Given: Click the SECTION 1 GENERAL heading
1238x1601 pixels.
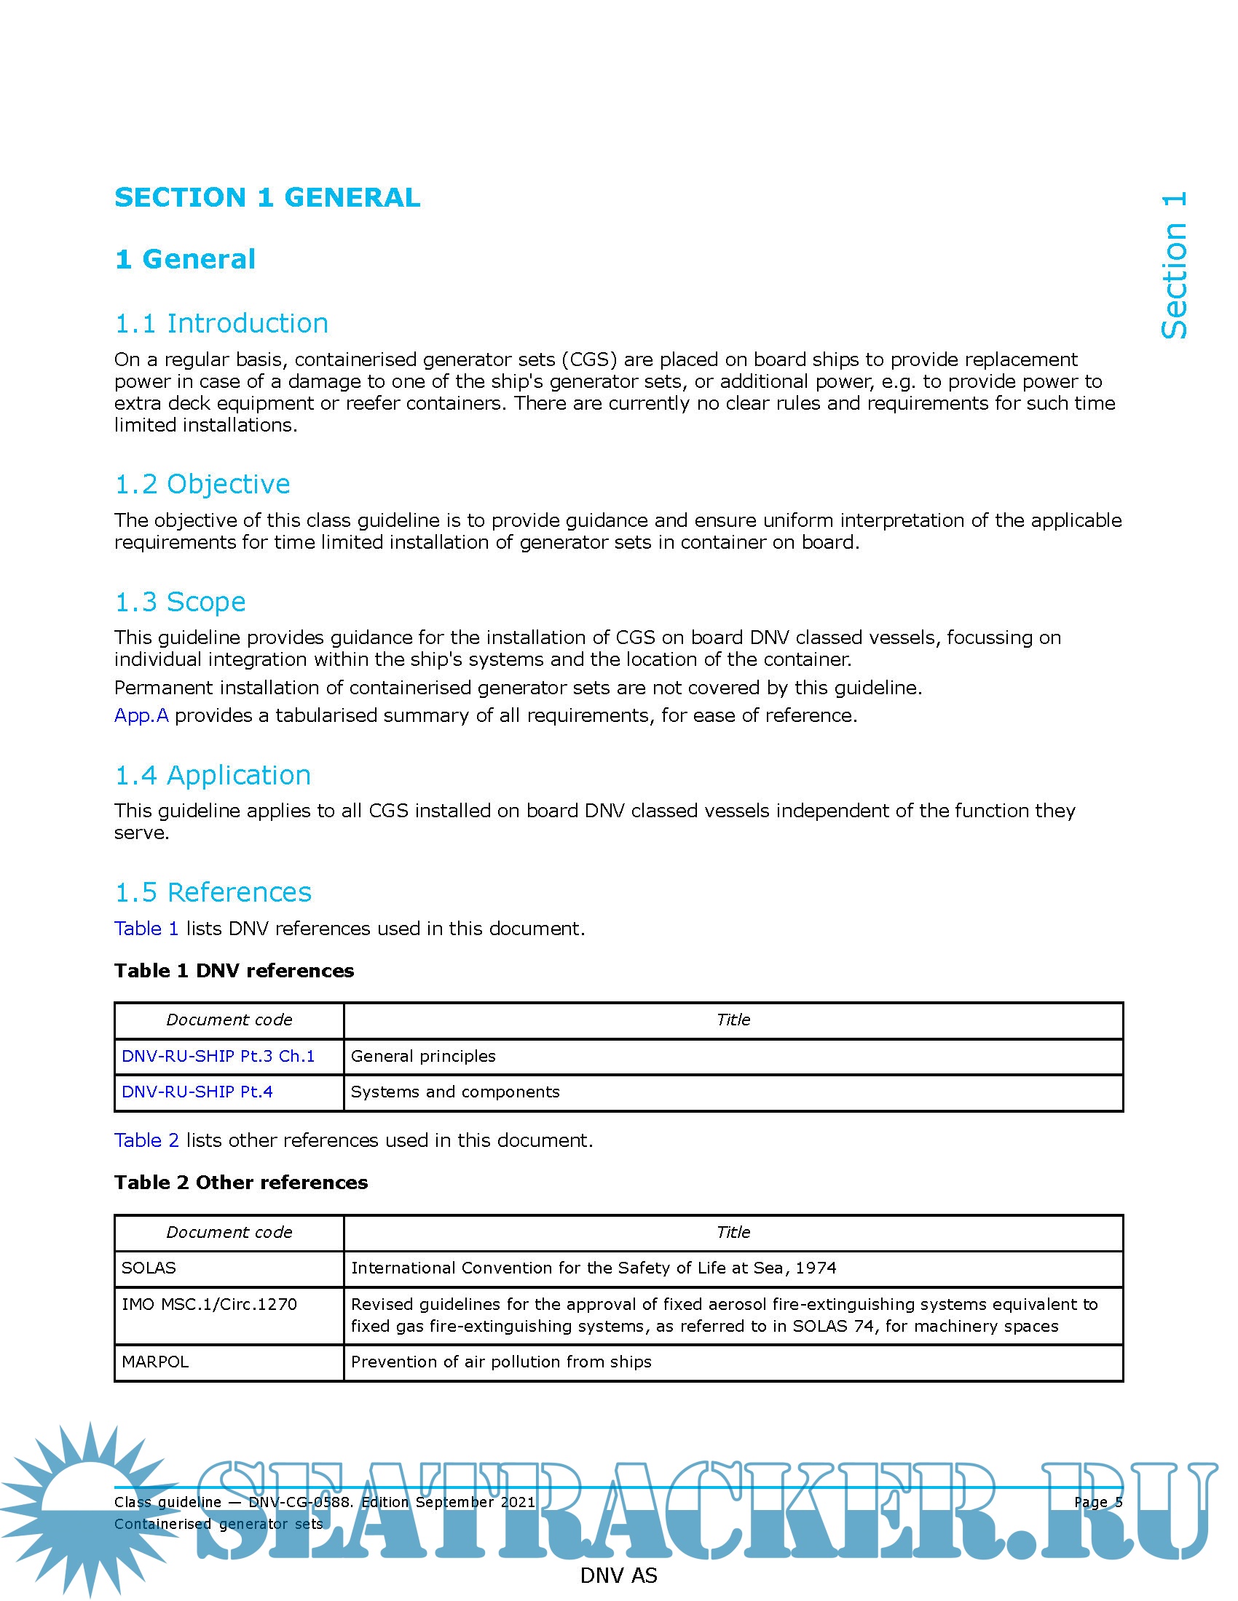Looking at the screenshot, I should [x=268, y=197].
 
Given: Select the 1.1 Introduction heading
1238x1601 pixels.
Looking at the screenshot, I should [x=221, y=323].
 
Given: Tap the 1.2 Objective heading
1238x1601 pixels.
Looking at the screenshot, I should [x=202, y=484].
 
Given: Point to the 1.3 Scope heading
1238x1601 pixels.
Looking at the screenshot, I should [x=181, y=602].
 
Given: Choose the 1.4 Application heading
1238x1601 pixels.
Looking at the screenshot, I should [x=213, y=775].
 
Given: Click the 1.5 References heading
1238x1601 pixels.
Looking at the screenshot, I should [x=213, y=892].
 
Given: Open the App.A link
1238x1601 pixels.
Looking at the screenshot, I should [x=141, y=715].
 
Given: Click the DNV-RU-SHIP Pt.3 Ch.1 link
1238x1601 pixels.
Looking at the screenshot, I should [x=218, y=1056].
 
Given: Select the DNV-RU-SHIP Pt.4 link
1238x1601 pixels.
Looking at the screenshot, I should [x=197, y=1092].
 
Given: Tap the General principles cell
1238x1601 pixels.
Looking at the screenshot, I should [x=423, y=1056].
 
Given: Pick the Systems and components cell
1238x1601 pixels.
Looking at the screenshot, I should [x=454, y=1092].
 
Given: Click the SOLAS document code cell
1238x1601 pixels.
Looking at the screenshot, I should [x=149, y=1268].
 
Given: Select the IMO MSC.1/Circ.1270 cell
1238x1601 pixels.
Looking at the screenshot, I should [x=209, y=1304].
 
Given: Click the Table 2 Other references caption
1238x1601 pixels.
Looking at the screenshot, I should [x=241, y=1183].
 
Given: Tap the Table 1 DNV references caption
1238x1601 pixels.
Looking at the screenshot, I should [x=234, y=971].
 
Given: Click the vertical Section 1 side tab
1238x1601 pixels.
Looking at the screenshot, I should [x=1174, y=266].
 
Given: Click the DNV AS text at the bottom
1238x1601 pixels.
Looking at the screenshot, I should [x=618, y=1576].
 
